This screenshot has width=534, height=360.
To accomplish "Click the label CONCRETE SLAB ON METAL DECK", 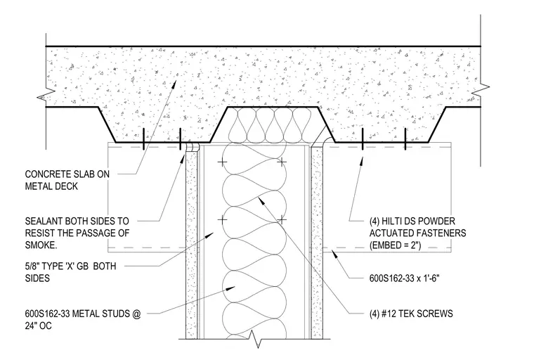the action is point(67,180).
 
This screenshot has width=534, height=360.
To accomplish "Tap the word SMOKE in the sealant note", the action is point(41,245).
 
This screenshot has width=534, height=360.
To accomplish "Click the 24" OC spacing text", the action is point(38,326).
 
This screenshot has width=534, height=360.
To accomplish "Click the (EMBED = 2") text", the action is point(395,245).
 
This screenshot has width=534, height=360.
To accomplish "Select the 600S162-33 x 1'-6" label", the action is point(404,278).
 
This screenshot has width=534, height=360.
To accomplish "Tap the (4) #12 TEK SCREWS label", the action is point(411,314).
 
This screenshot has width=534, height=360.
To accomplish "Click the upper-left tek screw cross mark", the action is point(222,162).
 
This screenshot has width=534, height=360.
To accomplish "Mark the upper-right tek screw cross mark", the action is point(282,162).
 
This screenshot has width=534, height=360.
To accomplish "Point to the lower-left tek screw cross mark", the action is point(222,220).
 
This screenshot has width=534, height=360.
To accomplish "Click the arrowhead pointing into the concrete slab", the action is point(174,84).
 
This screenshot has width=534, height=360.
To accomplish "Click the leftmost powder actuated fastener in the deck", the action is point(144,139).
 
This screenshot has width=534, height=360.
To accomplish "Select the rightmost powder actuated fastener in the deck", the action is point(405,139).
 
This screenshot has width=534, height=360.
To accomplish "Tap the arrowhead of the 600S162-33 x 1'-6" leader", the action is point(334,254).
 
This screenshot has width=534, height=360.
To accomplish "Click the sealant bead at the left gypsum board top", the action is point(192,146).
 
